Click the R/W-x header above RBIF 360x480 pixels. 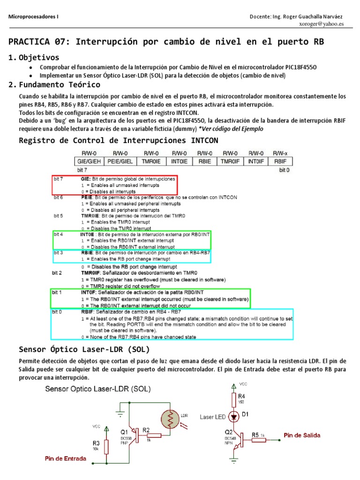[x=281, y=153]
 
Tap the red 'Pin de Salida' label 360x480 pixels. [x=302, y=435]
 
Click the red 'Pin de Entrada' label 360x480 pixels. [x=65, y=458]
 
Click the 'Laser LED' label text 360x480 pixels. [x=213, y=416]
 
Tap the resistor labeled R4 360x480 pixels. [x=234, y=399]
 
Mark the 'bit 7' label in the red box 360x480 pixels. [x=59, y=179]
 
